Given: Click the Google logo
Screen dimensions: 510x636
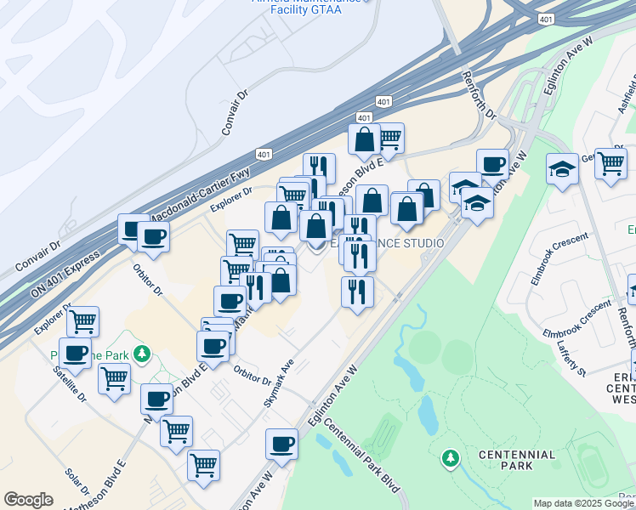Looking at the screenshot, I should click(29, 500).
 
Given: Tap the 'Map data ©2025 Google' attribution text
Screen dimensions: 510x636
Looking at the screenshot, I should click(584, 504).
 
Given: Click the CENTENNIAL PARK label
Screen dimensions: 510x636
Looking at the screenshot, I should click(516, 460).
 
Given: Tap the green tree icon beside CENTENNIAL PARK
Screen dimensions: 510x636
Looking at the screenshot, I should click(450, 460).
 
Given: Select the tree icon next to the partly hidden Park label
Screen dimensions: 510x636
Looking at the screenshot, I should click(144, 353).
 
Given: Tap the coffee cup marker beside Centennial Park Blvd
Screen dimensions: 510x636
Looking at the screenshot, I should click(281, 443).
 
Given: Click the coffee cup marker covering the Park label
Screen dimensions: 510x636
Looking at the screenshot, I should click(75, 352).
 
